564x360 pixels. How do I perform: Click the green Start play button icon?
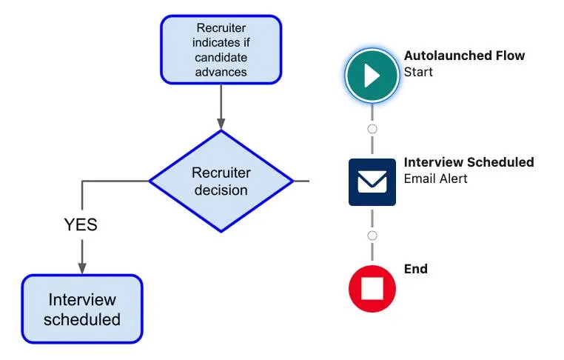pos(372,76)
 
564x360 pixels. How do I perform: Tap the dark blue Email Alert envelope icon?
pos(372,181)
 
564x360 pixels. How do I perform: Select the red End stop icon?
pos(372,288)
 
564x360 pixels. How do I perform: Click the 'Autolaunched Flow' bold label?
pos(464,56)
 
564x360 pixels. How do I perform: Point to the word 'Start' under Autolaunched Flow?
pos(418,73)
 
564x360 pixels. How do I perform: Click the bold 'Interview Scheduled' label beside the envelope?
pos(469,162)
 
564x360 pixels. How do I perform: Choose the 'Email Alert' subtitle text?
pos(435,179)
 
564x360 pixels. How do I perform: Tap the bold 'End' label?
pos(415,269)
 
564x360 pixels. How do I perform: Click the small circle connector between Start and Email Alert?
pos(372,129)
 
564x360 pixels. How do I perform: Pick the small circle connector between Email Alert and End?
pos(372,236)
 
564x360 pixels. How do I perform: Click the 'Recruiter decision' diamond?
pos(221,181)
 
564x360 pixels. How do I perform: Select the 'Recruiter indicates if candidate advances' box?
pos(221,50)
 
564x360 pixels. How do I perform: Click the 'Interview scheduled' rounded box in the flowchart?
pos(82,309)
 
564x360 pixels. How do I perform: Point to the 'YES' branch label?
pos(80,224)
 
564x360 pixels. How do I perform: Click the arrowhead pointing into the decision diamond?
pos(221,124)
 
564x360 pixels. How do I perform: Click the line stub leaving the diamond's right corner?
pos(301,181)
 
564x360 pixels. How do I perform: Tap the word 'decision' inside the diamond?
pos(221,190)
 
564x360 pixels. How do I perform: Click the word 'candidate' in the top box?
pos(221,57)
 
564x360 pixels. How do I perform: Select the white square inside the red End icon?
pos(372,289)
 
